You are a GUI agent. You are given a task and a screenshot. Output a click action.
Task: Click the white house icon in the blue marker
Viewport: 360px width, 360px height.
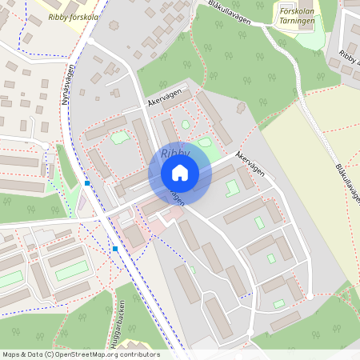point(179,173)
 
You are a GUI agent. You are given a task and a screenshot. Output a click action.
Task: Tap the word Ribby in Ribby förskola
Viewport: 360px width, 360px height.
point(58,16)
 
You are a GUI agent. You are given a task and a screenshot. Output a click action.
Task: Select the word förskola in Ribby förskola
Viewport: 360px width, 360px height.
point(86,16)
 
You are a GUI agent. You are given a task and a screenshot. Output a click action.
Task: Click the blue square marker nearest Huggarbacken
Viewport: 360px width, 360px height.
point(116,249)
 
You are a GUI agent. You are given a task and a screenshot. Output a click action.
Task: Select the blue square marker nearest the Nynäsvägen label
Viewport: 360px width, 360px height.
point(86,183)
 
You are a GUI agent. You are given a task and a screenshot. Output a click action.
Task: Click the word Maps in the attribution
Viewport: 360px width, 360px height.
point(12,354)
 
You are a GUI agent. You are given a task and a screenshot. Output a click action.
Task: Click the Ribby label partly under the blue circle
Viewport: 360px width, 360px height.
point(174,153)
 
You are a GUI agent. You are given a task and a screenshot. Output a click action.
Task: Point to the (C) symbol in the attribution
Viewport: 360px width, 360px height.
point(50,354)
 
